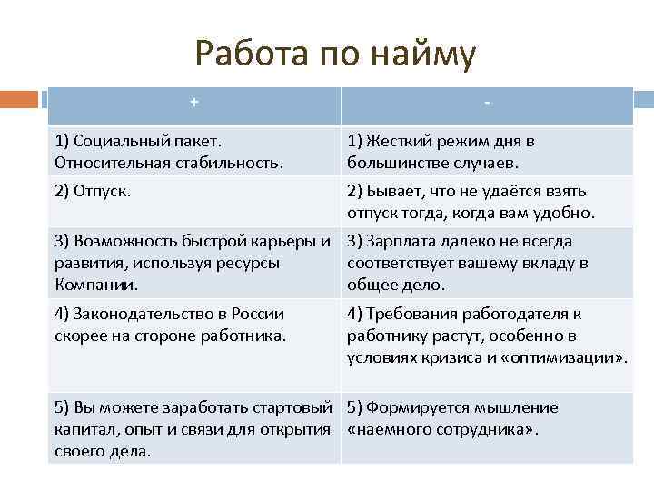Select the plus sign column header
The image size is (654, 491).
194,103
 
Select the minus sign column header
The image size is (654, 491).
488,103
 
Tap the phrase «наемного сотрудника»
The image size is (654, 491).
443,429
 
